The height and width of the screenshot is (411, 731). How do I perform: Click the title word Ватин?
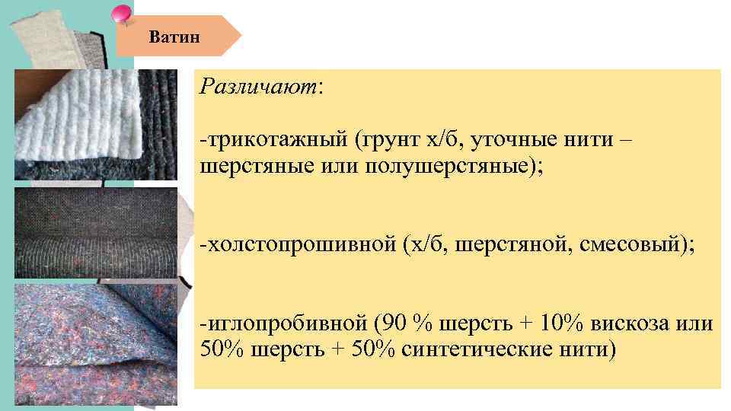click(x=175, y=36)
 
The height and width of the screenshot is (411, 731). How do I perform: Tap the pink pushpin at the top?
click(x=121, y=13)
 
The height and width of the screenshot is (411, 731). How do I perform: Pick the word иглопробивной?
click(x=284, y=323)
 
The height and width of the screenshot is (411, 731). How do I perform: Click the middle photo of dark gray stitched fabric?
click(x=96, y=233)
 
